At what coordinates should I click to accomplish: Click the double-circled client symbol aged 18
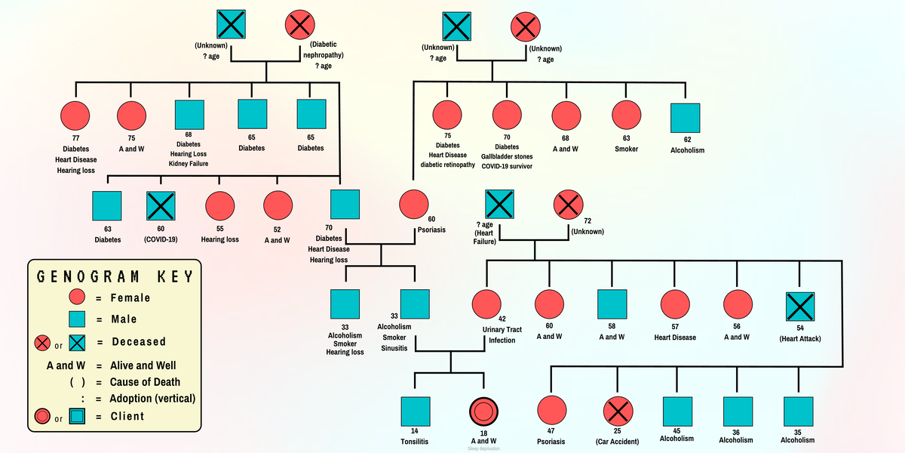tap(483, 411)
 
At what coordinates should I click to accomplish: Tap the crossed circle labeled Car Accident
tap(617, 411)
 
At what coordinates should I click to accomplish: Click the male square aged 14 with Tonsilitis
tap(415, 411)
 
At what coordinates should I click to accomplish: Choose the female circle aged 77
tap(75, 116)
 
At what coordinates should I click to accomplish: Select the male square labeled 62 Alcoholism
tap(685, 117)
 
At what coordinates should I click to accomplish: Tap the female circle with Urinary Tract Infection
tap(486, 305)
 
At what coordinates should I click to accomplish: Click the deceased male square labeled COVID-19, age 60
tap(161, 205)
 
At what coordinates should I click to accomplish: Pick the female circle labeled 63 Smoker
tap(626, 116)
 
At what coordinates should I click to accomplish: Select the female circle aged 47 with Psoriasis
tap(551, 411)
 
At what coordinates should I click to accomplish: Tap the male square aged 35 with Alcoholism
tap(798, 411)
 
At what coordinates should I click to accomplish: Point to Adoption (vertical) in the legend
tap(152, 398)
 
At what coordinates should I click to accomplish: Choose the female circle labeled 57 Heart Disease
tap(674, 305)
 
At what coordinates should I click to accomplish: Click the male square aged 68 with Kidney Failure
tap(189, 115)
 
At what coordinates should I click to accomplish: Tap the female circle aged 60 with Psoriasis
tap(413, 205)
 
